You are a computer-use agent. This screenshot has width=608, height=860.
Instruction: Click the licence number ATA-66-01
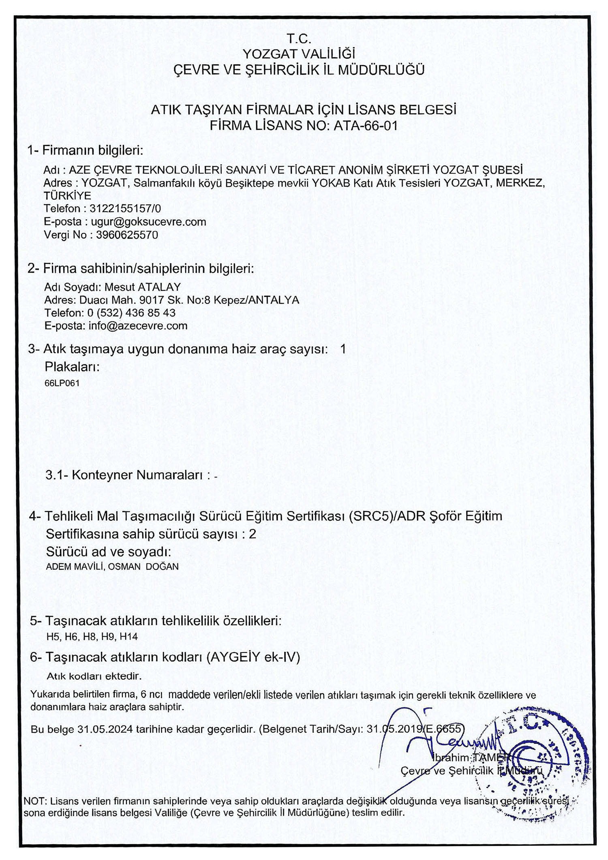tap(365, 126)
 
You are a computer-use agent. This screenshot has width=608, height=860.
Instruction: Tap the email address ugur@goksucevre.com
tap(148, 222)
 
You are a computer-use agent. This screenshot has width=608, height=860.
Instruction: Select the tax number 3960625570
tap(127, 235)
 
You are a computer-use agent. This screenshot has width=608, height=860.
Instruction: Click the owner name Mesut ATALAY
tap(143, 287)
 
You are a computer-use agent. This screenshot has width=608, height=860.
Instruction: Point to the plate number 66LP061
tap(62, 383)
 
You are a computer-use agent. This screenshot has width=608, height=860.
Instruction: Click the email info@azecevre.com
tap(138, 325)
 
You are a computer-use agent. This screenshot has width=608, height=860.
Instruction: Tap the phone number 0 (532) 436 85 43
tap(131, 312)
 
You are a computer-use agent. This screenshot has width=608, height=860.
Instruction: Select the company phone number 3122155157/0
tap(125, 209)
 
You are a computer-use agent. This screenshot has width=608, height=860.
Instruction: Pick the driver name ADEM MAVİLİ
tap(76, 567)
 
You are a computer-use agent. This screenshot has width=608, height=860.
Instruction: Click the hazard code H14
tap(129, 636)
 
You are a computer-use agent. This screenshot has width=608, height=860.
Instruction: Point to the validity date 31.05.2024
tap(105, 730)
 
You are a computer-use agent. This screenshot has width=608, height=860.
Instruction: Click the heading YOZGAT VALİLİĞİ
tap(299, 54)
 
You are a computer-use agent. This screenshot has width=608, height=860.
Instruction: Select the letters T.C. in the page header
tap(299, 39)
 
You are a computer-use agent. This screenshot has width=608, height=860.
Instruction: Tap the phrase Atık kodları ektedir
tap(94, 676)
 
